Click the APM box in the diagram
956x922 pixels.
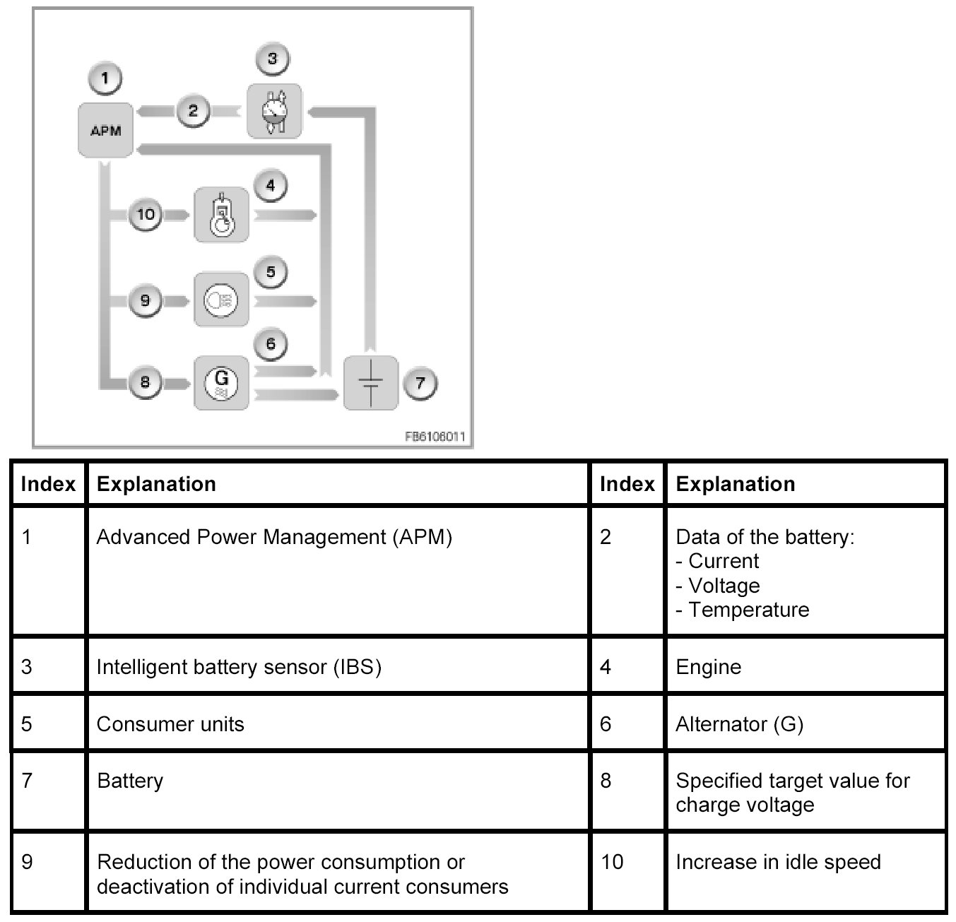click(105, 130)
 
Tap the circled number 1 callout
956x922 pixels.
click(105, 78)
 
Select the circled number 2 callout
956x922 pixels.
click(192, 111)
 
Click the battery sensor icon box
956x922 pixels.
click(273, 111)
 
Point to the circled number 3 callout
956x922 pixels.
click(273, 59)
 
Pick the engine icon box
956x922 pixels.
click(221, 215)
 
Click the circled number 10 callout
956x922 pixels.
click(146, 214)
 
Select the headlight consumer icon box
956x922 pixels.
click(221, 300)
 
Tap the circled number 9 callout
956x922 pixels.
click(145, 300)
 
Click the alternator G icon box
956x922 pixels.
click(221, 383)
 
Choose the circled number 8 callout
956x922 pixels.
click(145, 383)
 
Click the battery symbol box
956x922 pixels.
click(370, 383)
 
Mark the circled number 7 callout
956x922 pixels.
click(420, 384)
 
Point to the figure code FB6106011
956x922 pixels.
click(435, 437)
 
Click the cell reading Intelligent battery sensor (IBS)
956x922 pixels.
click(239, 667)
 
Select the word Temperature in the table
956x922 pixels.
click(748, 610)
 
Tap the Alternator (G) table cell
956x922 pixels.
click(739, 724)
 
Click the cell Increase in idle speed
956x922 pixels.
click(778, 862)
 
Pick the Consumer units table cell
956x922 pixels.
click(170, 724)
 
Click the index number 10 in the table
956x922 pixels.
click(612, 862)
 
